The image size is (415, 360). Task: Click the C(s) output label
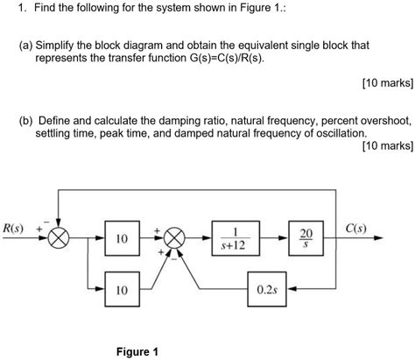(357, 229)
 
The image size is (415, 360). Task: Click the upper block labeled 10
(122, 238)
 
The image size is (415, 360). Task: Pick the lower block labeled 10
(122, 288)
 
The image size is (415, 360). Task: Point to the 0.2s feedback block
(269, 288)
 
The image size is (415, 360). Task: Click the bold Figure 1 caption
(136, 351)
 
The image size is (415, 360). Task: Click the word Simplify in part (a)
(80, 42)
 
